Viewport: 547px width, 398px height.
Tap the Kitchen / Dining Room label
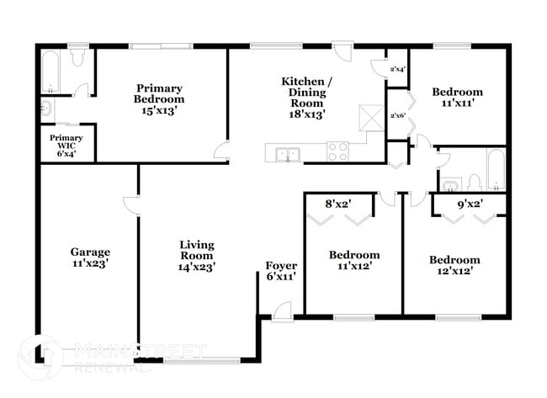pyautogui.click(x=306, y=97)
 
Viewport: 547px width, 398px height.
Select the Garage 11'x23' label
pyautogui.click(x=89, y=257)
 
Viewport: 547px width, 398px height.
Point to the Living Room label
pyautogui.click(x=196, y=255)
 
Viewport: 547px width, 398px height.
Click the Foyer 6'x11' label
pyautogui.click(x=279, y=270)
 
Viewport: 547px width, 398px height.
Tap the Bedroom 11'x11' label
pyautogui.click(x=457, y=98)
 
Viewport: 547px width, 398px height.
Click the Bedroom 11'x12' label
pyautogui.click(x=353, y=260)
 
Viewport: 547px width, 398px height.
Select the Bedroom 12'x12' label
pyautogui.click(x=454, y=266)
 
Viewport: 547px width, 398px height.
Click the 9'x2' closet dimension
pyautogui.click(x=469, y=203)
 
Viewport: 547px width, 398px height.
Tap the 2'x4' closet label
pyautogui.click(x=397, y=70)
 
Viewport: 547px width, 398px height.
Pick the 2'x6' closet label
pyautogui.click(x=397, y=115)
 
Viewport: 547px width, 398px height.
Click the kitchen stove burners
pyautogui.click(x=337, y=152)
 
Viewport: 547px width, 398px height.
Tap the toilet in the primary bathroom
pyautogui.click(x=78, y=58)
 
